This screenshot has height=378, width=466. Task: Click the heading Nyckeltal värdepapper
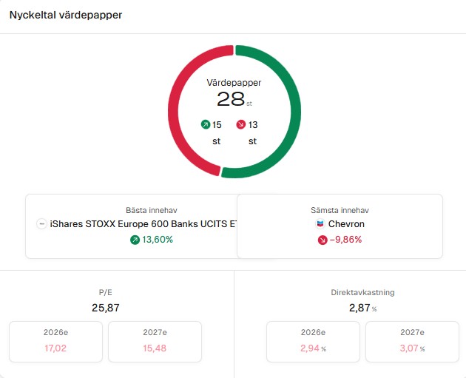pyautogui.click(x=66, y=15)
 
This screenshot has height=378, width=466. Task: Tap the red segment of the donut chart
pyautogui.click(x=176, y=111)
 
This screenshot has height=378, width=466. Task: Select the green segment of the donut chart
pyautogui.click(x=294, y=111)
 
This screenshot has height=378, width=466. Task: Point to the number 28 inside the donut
pyautogui.click(x=230, y=99)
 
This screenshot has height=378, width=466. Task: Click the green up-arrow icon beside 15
pyautogui.click(x=206, y=125)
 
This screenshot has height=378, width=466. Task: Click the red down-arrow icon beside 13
pyautogui.click(x=241, y=125)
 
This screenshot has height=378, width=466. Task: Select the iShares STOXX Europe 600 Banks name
pyautogui.click(x=143, y=224)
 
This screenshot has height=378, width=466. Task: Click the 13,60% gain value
pyautogui.click(x=158, y=240)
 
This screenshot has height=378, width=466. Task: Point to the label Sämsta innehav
pyautogui.click(x=340, y=210)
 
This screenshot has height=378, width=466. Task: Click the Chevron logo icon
pyautogui.click(x=320, y=224)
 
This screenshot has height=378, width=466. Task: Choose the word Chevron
pyautogui.click(x=346, y=224)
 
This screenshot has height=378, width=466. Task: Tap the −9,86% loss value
pyautogui.click(x=345, y=240)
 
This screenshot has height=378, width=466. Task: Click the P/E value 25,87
pyautogui.click(x=105, y=307)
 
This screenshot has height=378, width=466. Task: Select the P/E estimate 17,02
pyautogui.click(x=55, y=348)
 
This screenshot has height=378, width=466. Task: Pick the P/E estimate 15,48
pyautogui.click(x=155, y=348)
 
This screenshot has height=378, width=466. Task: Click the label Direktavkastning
pyautogui.click(x=362, y=292)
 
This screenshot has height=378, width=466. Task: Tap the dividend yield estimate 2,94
pyautogui.click(x=311, y=348)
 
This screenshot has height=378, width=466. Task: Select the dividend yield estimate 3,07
pyautogui.click(x=409, y=348)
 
